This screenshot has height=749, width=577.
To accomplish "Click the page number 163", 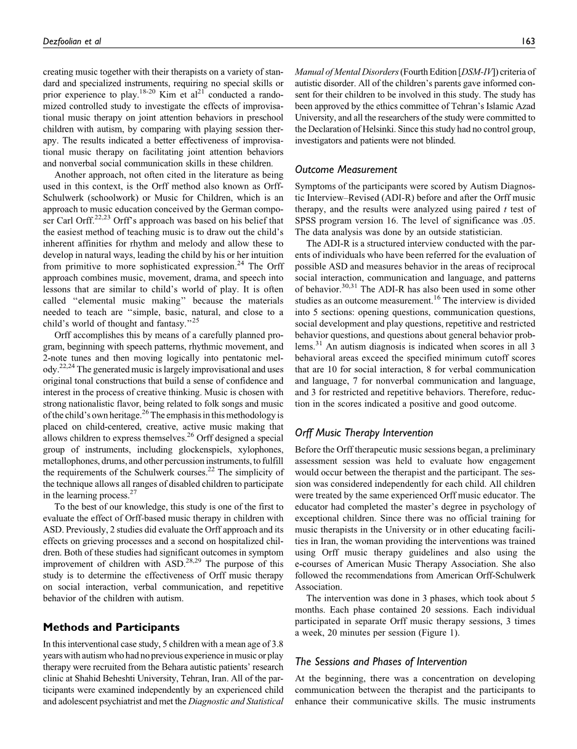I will [x=528, y=41].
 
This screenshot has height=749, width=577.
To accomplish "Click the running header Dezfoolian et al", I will [x=71, y=41].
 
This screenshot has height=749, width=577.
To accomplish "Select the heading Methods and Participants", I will [x=111, y=627].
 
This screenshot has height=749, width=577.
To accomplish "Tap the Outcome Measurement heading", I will [x=346, y=169].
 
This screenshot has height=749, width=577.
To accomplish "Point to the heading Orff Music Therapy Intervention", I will [x=364, y=433].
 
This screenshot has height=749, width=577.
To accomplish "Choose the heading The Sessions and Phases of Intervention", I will [x=381, y=662].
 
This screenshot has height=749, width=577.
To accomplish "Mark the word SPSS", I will [x=307, y=220].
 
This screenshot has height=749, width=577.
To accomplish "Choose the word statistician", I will [x=478, y=232].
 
